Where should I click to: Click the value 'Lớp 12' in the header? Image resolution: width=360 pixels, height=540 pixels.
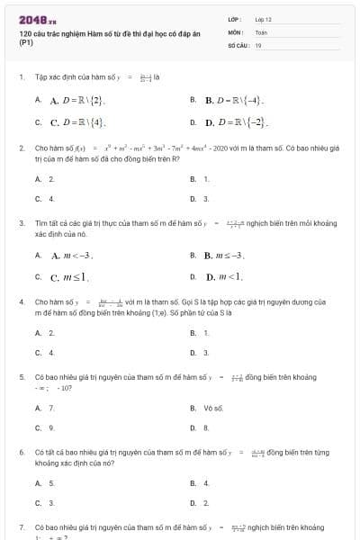coord(263,19)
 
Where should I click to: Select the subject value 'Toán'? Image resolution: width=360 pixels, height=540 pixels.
coord(261,31)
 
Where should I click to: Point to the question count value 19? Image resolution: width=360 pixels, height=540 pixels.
coord(258,44)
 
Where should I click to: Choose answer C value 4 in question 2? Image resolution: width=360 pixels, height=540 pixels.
coord(51,198)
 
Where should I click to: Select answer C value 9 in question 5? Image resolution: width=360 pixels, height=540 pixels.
coord(51,427)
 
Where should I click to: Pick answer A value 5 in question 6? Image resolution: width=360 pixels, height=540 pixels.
coord(51,482)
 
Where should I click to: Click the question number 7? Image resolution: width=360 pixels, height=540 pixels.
coord(21,526)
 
